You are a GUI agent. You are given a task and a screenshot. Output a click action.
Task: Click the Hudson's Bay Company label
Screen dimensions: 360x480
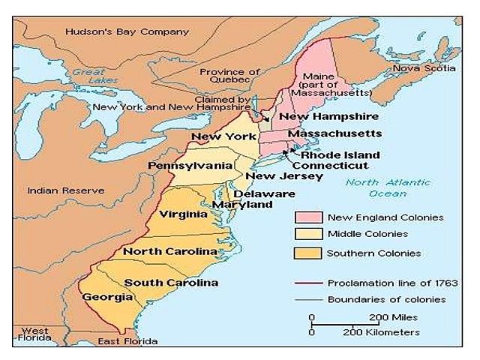point(127,32)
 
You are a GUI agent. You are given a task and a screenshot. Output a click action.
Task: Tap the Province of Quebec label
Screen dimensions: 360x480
point(229,76)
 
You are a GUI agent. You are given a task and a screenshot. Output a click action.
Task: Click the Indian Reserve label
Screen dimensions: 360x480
point(65,190)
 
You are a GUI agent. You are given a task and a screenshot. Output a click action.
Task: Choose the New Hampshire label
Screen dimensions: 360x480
point(324,117)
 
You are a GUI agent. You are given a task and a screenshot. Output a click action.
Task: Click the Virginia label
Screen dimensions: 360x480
point(183,214)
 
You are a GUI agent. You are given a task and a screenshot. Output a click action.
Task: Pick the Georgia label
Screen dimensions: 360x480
point(103,296)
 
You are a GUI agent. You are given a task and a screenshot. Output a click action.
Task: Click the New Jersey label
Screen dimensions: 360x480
point(284,176)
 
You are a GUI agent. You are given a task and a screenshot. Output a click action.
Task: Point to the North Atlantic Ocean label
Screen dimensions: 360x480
point(388,187)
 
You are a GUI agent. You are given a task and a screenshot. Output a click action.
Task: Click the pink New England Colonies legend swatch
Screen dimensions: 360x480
point(307,217)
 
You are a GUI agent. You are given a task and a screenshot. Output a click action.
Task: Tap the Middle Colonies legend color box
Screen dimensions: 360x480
point(307,235)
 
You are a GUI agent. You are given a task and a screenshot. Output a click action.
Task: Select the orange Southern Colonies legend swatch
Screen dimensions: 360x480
point(307,253)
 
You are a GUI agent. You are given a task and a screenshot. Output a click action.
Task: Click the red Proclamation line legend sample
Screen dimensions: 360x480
point(307,283)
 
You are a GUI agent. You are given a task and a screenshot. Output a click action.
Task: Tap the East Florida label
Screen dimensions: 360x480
point(128,342)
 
